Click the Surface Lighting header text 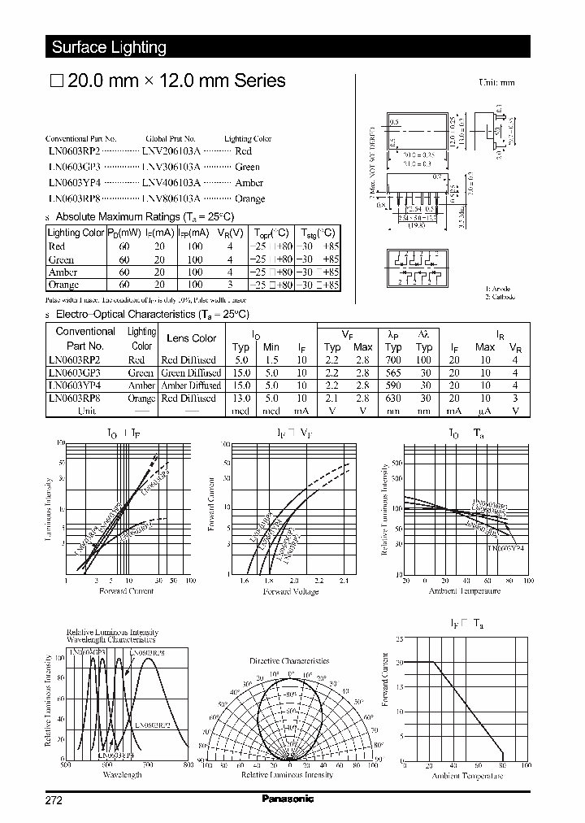[x=109, y=47]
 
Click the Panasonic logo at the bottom [x=288, y=799]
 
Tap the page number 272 [x=54, y=799]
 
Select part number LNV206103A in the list [x=170, y=151]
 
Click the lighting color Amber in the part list [x=249, y=183]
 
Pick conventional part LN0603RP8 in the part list [x=73, y=198]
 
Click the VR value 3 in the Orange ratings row [x=231, y=285]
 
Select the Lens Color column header [x=192, y=338]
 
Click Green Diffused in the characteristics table [x=188, y=372]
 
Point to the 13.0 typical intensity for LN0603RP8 [x=241, y=398]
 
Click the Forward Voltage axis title [x=290, y=591]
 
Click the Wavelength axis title [x=123, y=775]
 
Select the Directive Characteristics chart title [x=289, y=660]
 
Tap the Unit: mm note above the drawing [x=497, y=82]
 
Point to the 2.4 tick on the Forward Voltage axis [x=344, y=581]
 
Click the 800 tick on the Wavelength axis [x=188, y=765]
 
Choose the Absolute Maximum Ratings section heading [x=144, y=217]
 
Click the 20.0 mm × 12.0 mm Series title [x=168, y=81]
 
